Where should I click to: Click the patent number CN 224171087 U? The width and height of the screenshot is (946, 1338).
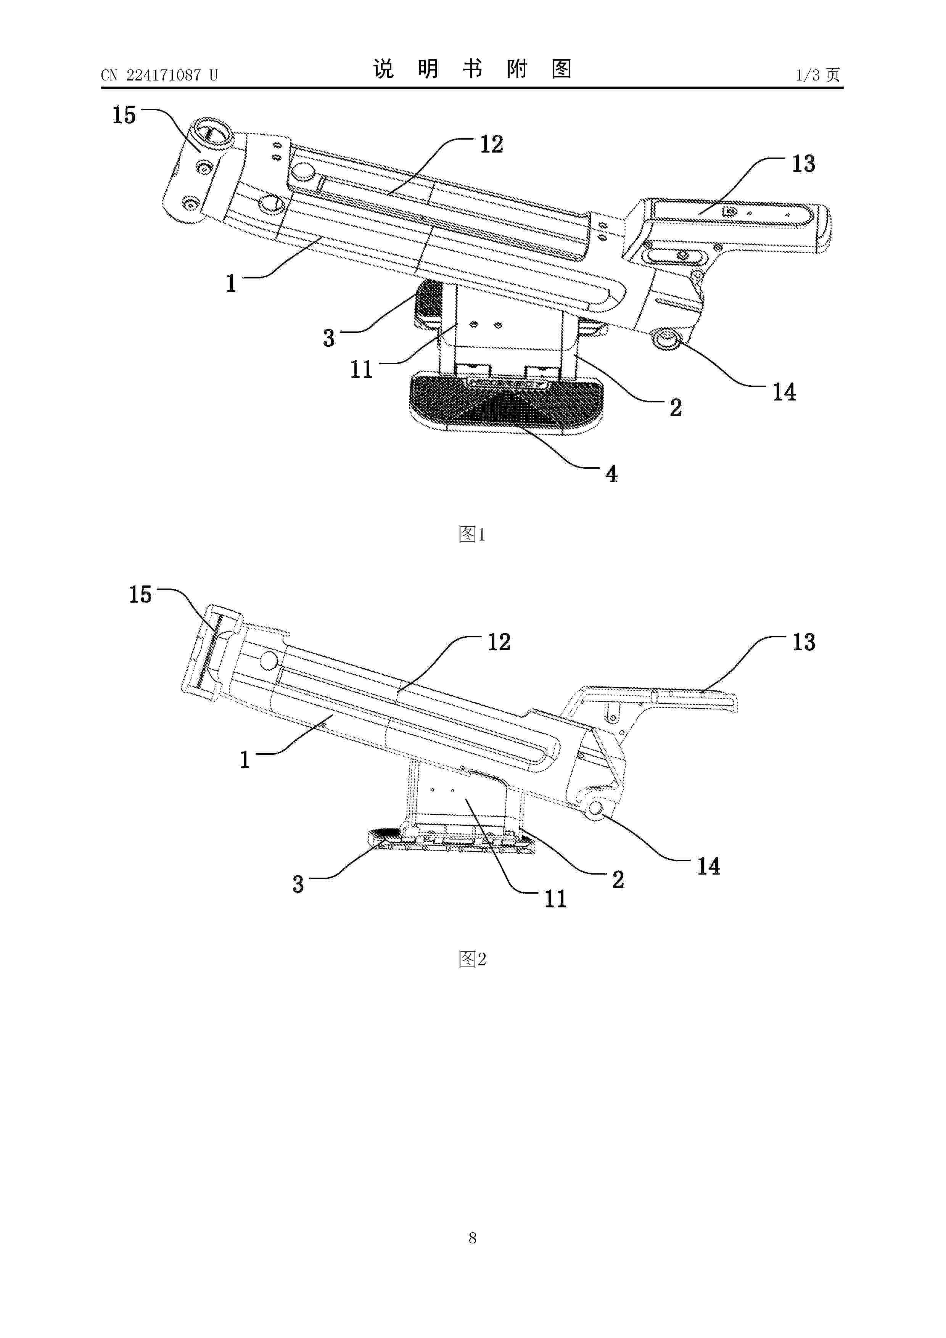[x=159, y=75]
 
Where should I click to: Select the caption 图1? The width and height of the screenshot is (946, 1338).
[x=472, y=534]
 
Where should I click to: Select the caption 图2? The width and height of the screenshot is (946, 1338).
[x=472, y=958]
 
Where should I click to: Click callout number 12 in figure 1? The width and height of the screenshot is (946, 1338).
[x=491, y=144]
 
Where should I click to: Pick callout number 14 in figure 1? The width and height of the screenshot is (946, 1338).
[x=784, y=392]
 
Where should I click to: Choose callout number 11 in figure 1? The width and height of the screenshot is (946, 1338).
[x=361, y=370]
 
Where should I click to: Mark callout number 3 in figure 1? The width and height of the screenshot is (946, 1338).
[x=329, y=338]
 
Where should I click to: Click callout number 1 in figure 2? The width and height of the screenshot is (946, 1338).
[x=245, y=760]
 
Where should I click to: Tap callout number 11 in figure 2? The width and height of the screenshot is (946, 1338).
[x=555, y=899]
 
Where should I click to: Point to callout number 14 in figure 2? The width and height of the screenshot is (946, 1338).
[x=709, y=867]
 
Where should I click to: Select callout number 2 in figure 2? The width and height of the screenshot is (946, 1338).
[x=618, y=880]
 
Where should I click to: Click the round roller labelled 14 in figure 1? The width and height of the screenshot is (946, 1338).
[x=666, y=338]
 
